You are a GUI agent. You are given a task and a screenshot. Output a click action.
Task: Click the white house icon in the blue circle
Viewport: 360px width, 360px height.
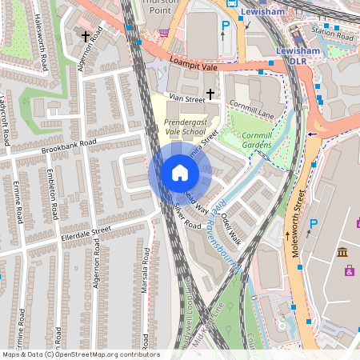pos(179,172)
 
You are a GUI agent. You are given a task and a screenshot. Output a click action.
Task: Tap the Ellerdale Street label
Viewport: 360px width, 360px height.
pos(86,234)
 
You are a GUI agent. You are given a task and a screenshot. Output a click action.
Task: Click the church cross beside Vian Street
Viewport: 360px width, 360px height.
pos(210,94)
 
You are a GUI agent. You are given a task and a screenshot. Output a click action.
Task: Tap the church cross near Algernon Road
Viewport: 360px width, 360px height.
pos(86,37)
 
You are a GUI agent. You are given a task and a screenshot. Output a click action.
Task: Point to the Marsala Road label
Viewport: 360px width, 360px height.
pos(146,270)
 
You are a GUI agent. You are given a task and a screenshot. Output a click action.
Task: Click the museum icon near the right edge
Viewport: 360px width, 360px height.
pos(342,253)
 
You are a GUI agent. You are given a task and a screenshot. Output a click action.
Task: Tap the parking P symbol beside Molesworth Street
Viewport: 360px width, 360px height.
pos(313,226)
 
